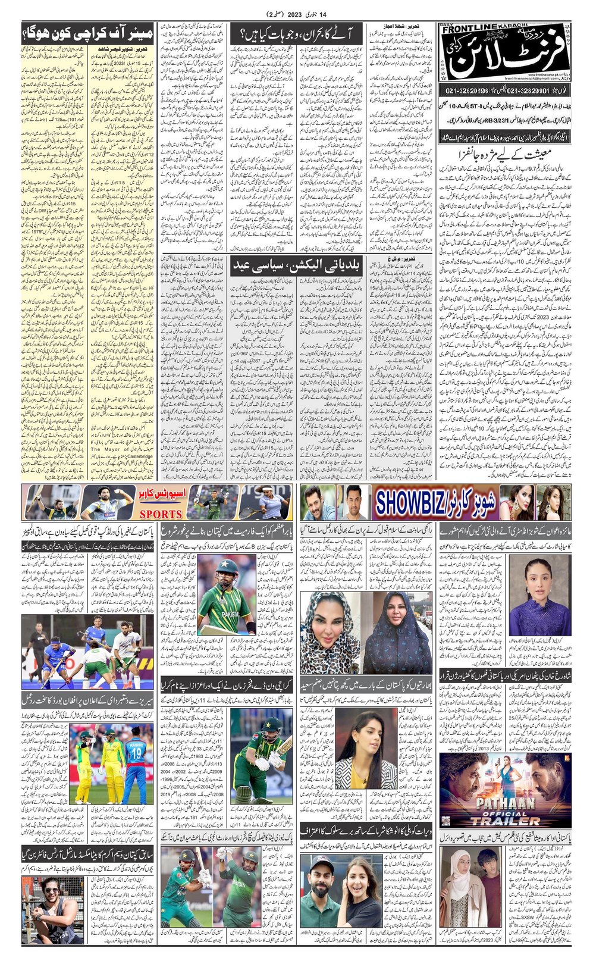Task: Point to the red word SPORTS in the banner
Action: (161, 514)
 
